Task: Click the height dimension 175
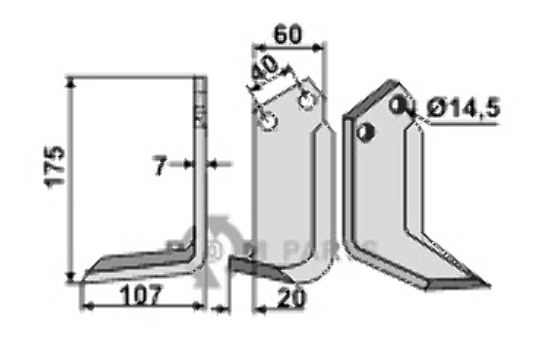pyautogui.click(x=55, y=167)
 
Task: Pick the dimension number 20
pyautogui.click(x=289, y=299)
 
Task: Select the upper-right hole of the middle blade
pyautogui.click(x=308, y=100)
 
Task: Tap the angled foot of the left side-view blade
pyautogui.click(x=136, y=263)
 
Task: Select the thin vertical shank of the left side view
pyautogui.click(x=200, y=166)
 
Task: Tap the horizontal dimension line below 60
pyautogui.click(x=288, y=45)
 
